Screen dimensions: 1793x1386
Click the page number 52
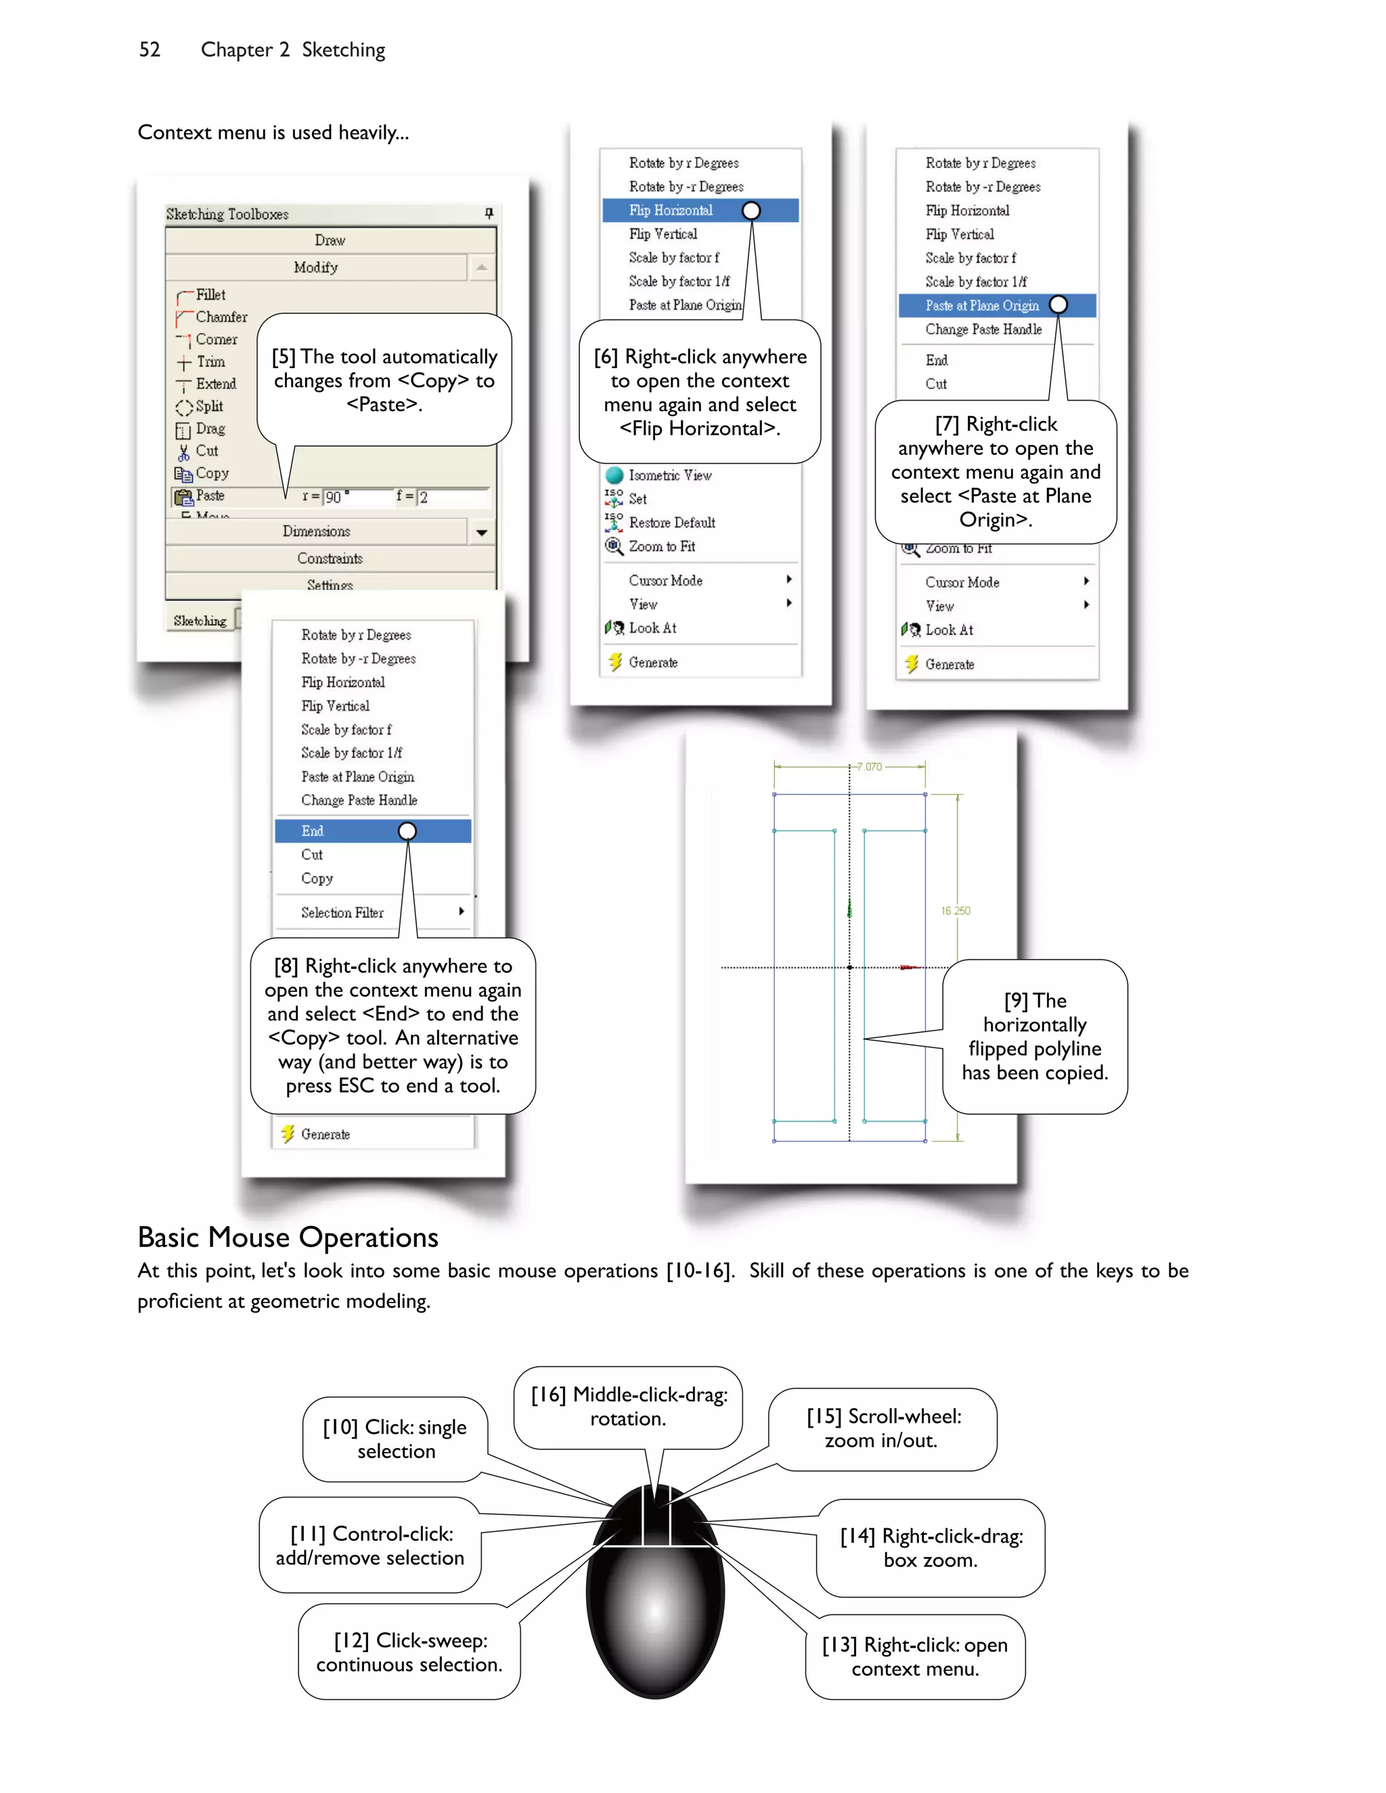pyautogui.click(x=150, y=50)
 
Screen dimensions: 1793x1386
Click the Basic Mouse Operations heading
pyautogui.click(x=288, y=1238)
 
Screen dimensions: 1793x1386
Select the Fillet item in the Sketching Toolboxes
pyautogui.click(x=210, y=295)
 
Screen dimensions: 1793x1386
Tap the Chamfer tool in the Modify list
pyautogui.click(x=221, y=317)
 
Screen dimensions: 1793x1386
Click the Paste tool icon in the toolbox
pyautogui.click(x=183, y=497)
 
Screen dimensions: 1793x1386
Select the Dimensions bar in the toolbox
pyautogui.click(x=316, y=531)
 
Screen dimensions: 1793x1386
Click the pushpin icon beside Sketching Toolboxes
pyautogui.click(x=489, y=213)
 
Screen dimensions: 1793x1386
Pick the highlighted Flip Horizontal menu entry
pyautogui.click(x=671, y=210)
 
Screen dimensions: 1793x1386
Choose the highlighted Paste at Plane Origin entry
pyautogui.click(x=982, y=305)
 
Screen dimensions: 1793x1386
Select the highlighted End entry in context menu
pyautogui.click(x=313, y=831)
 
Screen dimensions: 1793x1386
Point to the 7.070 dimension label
pyautogui.click(x=869, y=767)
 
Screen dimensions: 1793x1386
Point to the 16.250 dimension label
pyautogui.click(x=955, y=911)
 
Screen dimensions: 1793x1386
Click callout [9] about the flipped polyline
pyautogui.click(x=1035, y=1036)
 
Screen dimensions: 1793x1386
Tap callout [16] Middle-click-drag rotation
pyautogui.click(x=629, y=1407)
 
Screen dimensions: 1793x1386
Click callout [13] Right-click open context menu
pyautogui.click(x=915, y=1657)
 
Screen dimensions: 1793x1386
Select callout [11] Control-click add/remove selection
pyautogui.click(x=370, y=1545)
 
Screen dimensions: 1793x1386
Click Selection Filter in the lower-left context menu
pyautogui.click(x=342, y=912)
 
